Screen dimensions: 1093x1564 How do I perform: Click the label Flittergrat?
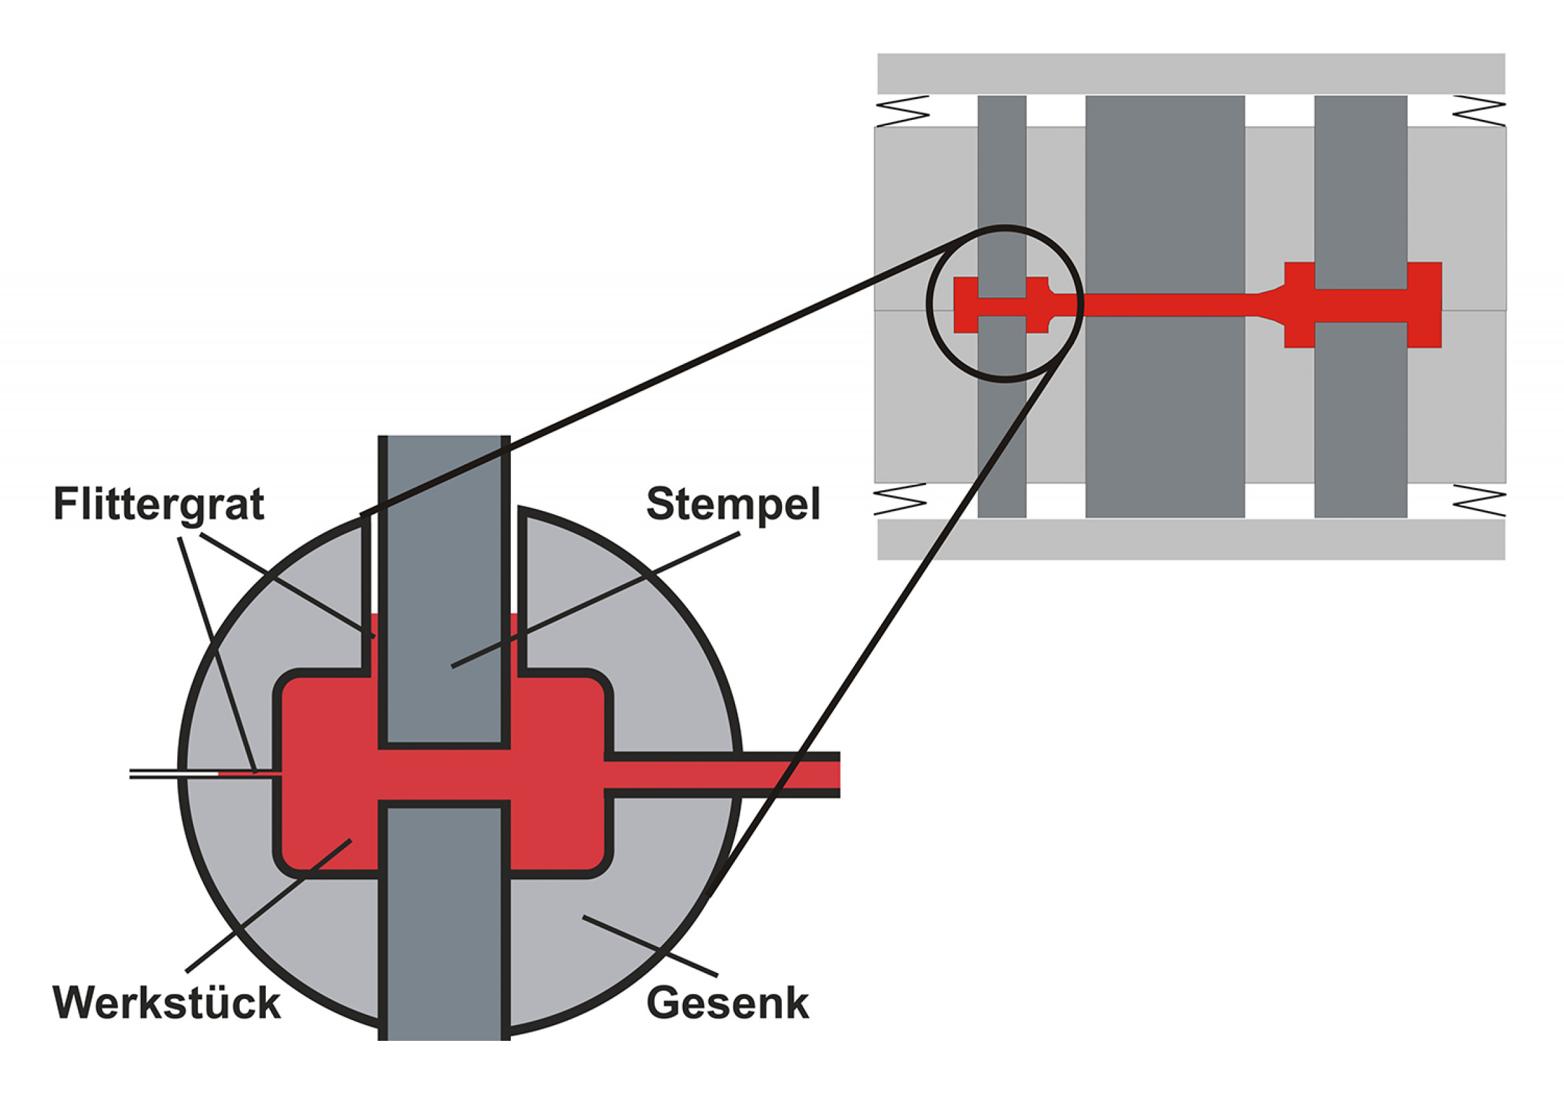pos(159,504)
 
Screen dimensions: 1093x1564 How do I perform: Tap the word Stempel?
pos(733,504)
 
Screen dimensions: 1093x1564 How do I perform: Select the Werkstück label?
pos(166,1002)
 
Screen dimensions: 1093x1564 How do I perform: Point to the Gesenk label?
pos(727,1003)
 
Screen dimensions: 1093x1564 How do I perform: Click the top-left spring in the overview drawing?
pos(902,110)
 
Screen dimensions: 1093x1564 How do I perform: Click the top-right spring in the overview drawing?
pos(1479,110)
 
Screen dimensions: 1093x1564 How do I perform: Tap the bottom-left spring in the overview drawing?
pos(901,499)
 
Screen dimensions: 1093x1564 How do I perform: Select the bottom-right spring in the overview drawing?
pos(1479,499)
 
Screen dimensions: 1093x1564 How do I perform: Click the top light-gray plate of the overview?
pos(1191,74)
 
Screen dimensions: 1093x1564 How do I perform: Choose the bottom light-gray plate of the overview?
pos(1191,539)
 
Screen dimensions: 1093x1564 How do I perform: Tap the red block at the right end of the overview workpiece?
pos(1424,304)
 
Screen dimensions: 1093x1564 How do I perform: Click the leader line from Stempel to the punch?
pos(596,600)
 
